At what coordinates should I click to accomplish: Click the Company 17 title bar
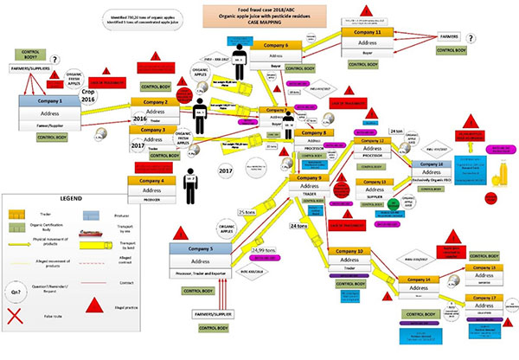click(484, 296)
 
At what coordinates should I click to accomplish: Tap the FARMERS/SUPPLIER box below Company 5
click(202, 311)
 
